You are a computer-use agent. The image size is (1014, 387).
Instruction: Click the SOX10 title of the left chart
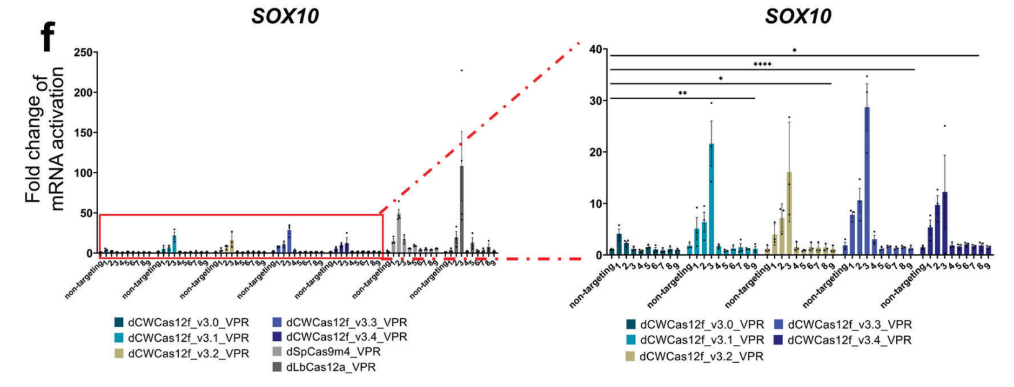tap(285, 16)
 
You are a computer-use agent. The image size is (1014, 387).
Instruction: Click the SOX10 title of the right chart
tap(798, 16)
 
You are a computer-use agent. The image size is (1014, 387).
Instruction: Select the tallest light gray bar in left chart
tap(398, 234)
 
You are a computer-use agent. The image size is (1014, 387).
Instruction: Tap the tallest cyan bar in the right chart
tap(711, 199)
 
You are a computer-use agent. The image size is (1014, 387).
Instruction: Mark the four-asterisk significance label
tap(762, 64)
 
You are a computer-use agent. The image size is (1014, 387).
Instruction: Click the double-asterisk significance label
tap(683, 94)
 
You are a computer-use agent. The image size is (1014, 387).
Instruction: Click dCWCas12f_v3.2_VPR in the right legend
tap(701, 356)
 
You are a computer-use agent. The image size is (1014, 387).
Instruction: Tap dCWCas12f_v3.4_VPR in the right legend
tap(849, 340)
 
